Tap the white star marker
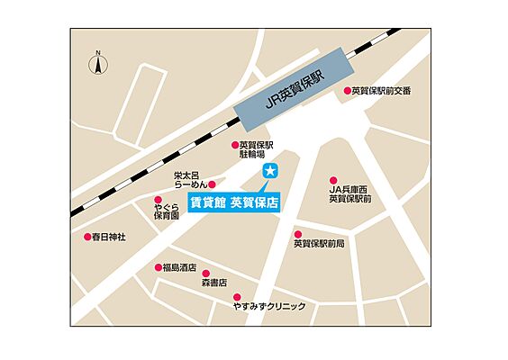[268, 171]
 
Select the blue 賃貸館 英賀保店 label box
[234, 202]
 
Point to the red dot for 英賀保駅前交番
[347, 91]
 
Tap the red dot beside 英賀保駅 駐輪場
[233, 145]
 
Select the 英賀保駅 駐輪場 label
[255, 150]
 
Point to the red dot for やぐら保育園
[159, 201]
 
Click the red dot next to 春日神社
[87, 237]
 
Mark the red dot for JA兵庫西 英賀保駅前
[333, 180]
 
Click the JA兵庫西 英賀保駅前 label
[352, 193]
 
